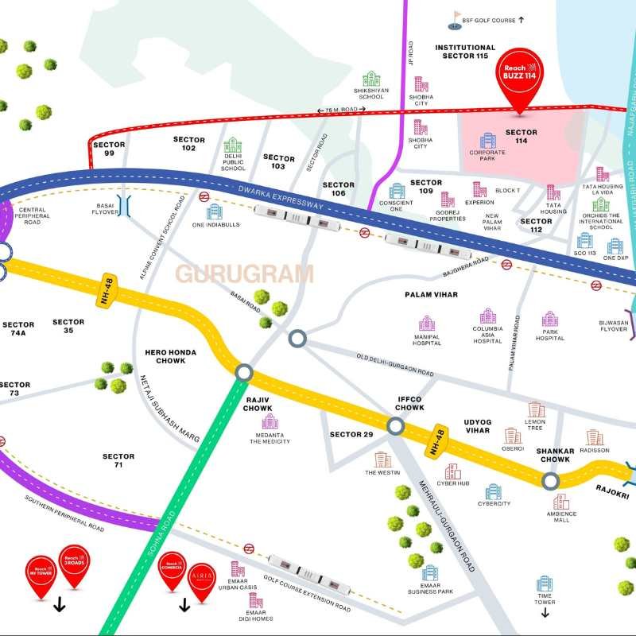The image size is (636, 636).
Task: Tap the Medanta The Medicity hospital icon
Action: click(x=270, y=421)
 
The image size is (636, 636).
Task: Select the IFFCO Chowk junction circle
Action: click(x=396, y=427)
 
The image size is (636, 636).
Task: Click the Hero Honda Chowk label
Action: click(x=165, y=356)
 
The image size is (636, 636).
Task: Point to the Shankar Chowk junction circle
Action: click(x=550, y=480)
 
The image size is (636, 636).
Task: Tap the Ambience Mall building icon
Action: click(x=561, y=502)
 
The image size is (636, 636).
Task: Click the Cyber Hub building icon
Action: click(x=452, y=471)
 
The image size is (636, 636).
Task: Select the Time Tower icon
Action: click(x=545, y=584)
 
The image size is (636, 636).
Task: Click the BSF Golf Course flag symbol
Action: click(x=456, y=17)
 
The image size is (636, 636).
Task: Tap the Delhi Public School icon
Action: click(x=233, y=145)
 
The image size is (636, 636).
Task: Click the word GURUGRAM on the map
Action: click(x=244, y=275)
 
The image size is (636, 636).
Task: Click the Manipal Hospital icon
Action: click(x=427, y=323)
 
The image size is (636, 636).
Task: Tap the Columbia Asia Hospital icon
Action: click(x=487, y=316)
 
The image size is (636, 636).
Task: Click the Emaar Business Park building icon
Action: click(x=430, y=573)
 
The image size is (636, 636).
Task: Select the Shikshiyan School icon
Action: click(x=371, y=79)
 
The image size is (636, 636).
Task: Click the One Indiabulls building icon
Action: click(x=215, y=211)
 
